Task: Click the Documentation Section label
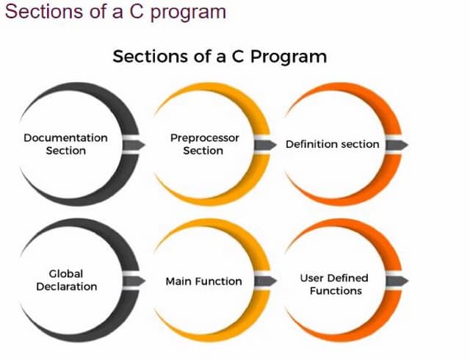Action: point(65,144)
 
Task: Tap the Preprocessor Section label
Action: point(203,144)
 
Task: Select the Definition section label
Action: point(332,144)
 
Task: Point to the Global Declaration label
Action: point(66,280)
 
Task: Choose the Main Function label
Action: point(203,281)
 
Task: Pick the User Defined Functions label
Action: point(335,284)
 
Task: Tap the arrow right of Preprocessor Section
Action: point(267,145)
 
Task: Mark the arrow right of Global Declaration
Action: point(135,281)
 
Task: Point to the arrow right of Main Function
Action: point(267,281)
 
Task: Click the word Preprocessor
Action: point(204,137)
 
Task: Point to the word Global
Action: point(66,273)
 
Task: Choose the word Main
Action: point(178,281)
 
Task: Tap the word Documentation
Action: point(65,137)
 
